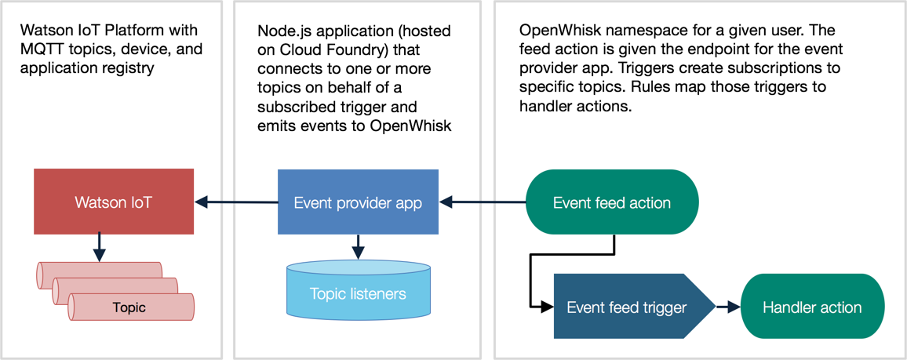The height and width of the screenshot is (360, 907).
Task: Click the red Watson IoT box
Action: coord(113,202)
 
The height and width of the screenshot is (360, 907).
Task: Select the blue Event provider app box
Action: coord(358,202)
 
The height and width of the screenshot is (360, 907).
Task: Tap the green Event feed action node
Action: coord(612,202)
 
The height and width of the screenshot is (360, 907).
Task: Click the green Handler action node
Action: coord(812,306)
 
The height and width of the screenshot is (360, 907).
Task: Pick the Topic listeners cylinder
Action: coord(358,289)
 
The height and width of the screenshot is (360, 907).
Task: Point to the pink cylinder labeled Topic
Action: coord(131,307)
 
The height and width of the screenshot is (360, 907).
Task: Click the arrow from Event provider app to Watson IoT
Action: coord(237,202)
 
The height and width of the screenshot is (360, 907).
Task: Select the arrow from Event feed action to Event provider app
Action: coord(483,202)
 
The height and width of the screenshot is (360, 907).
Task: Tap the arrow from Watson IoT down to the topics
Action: coord(100,247)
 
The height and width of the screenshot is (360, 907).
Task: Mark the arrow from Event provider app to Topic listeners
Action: coord(358,247)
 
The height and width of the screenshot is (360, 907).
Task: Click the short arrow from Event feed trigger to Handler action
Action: coord(728,306)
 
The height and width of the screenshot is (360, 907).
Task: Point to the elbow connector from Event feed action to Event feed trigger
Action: coord(530,271)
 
